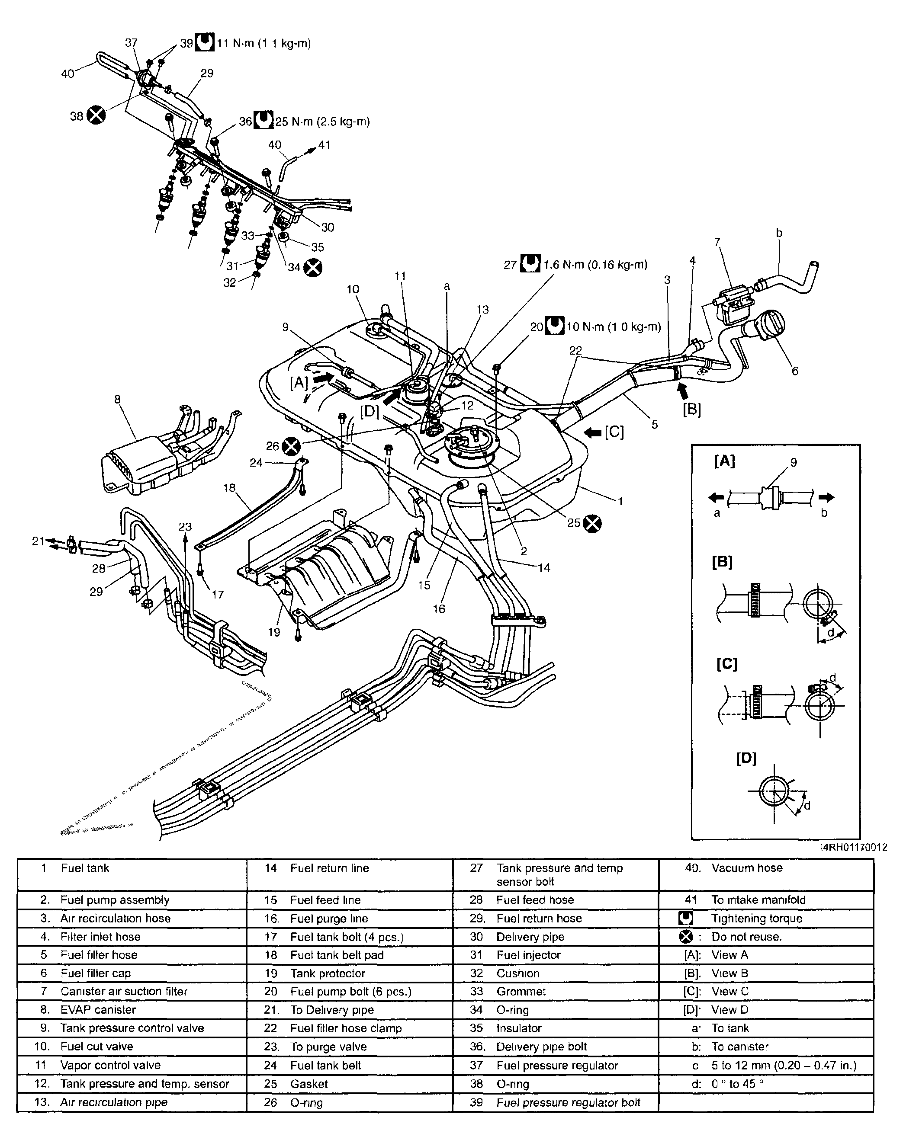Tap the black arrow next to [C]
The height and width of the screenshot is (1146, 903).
594,432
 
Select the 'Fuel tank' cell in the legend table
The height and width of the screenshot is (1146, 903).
85,868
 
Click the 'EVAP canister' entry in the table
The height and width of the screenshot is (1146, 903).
98,1010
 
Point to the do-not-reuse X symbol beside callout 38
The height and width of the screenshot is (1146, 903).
96,115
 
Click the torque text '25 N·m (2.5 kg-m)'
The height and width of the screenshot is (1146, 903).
322,122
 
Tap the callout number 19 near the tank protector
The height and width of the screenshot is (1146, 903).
273,632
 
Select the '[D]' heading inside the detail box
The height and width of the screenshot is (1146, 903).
746,758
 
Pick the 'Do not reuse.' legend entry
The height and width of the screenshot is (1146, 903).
746,937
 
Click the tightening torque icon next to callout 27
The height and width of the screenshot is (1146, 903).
530,264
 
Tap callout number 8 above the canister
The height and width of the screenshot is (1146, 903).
117,400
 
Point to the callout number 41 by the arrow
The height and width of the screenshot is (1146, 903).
324,145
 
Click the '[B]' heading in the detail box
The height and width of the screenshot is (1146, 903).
722,562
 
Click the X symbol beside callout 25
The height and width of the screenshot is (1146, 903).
593,523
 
